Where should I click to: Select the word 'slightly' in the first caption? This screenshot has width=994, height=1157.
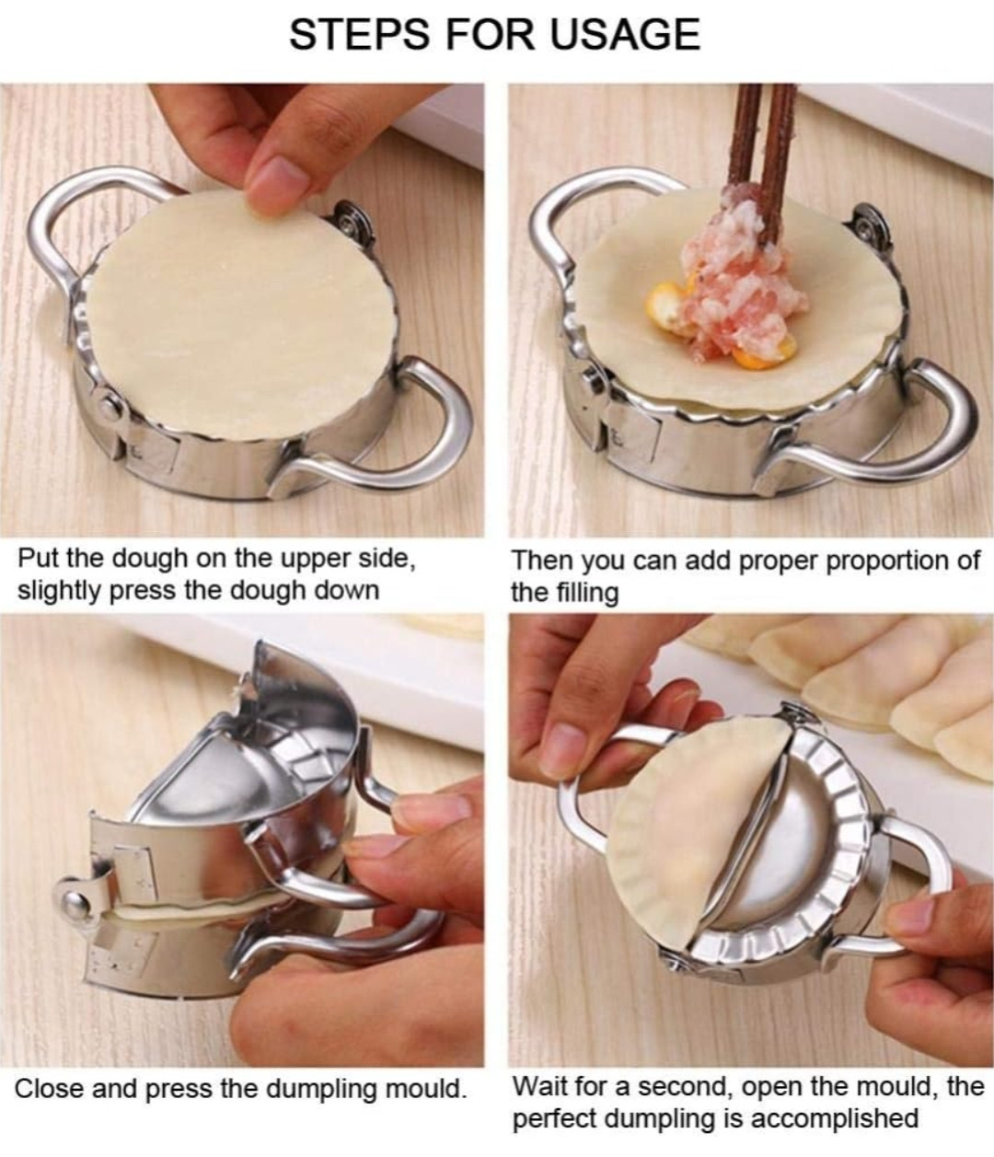pos(60,590)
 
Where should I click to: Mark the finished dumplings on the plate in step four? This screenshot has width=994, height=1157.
pos(874,681)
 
